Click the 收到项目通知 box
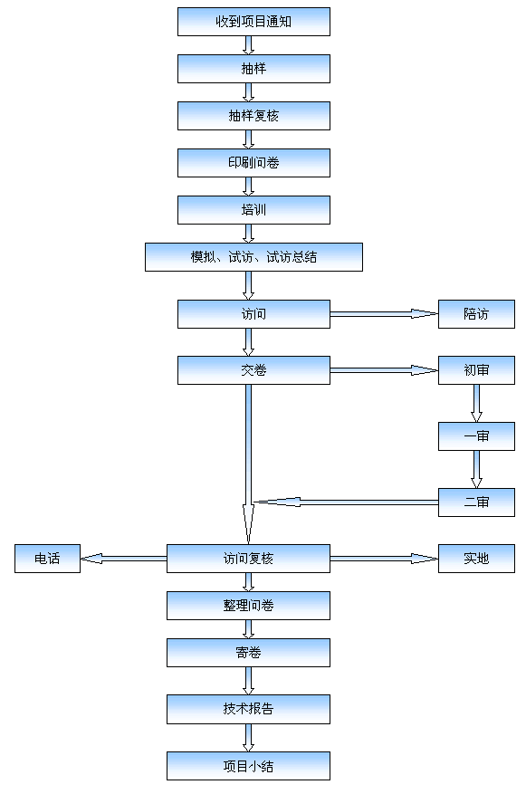[x=253, y=22]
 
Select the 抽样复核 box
[x=253, y=116]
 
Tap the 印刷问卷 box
[x=253, y=163]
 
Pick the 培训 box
[x=253, y=210]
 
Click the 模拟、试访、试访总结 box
[x=253, y=257]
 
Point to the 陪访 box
[x=476, y=314]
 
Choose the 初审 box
[x=476, y=370]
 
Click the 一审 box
[x=476, y=436]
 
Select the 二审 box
[x=476, y=502]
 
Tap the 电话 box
[x=48, y=559]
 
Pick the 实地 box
[x=476, y=559]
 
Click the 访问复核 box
[x=248, y=559]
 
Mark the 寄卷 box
[x=248, y=653]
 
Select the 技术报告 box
[x=248, y=709]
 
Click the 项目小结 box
[x=248, y=766]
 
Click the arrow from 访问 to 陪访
[x=384, y=314]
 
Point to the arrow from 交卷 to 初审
[x=384, y=370]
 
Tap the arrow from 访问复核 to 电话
[x=123, y=559]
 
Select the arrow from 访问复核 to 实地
[x=384, y=559]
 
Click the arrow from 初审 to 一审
[x=476, y=404]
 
